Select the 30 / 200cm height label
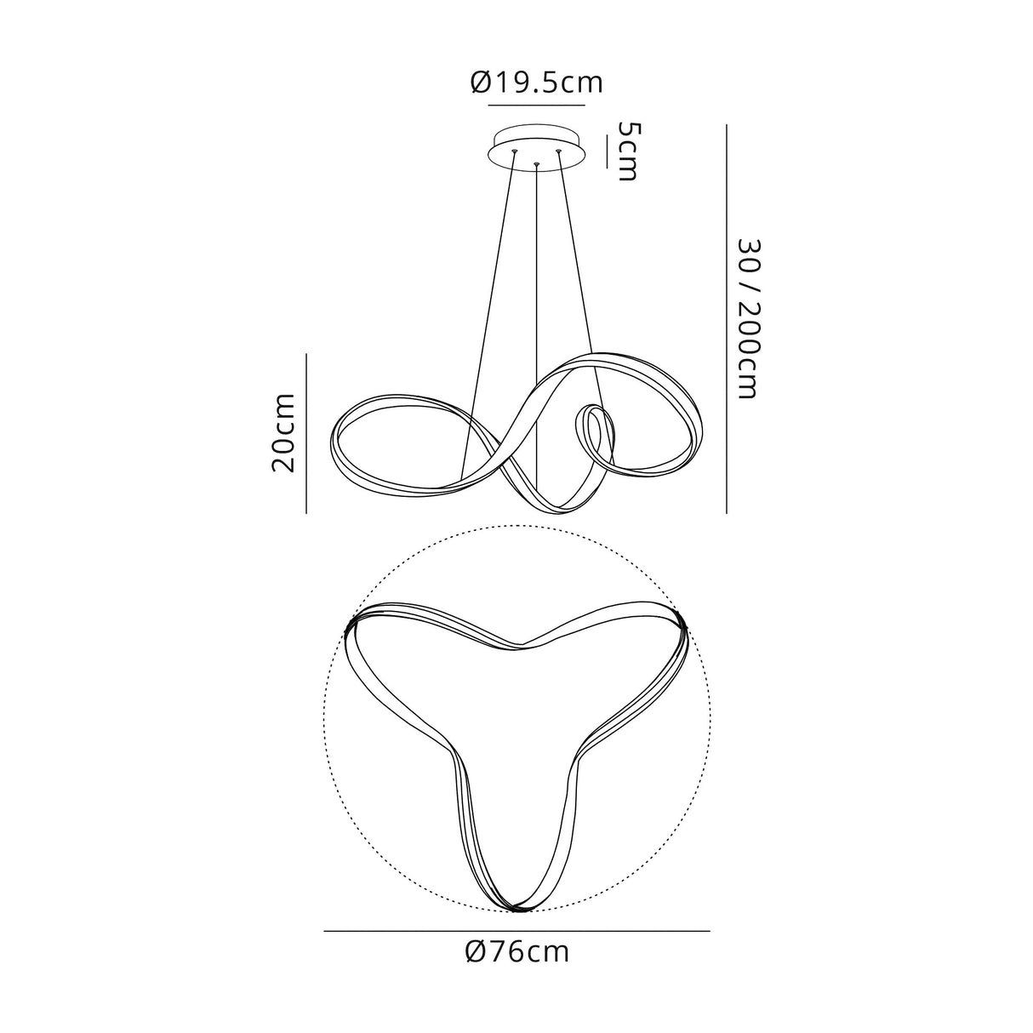[x=749, y=318]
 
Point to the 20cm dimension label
[x=283, y=433]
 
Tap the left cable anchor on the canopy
[x=515, y=151]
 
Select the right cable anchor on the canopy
[x=558, y=151]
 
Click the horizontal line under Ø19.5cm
[x=536, y=106]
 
